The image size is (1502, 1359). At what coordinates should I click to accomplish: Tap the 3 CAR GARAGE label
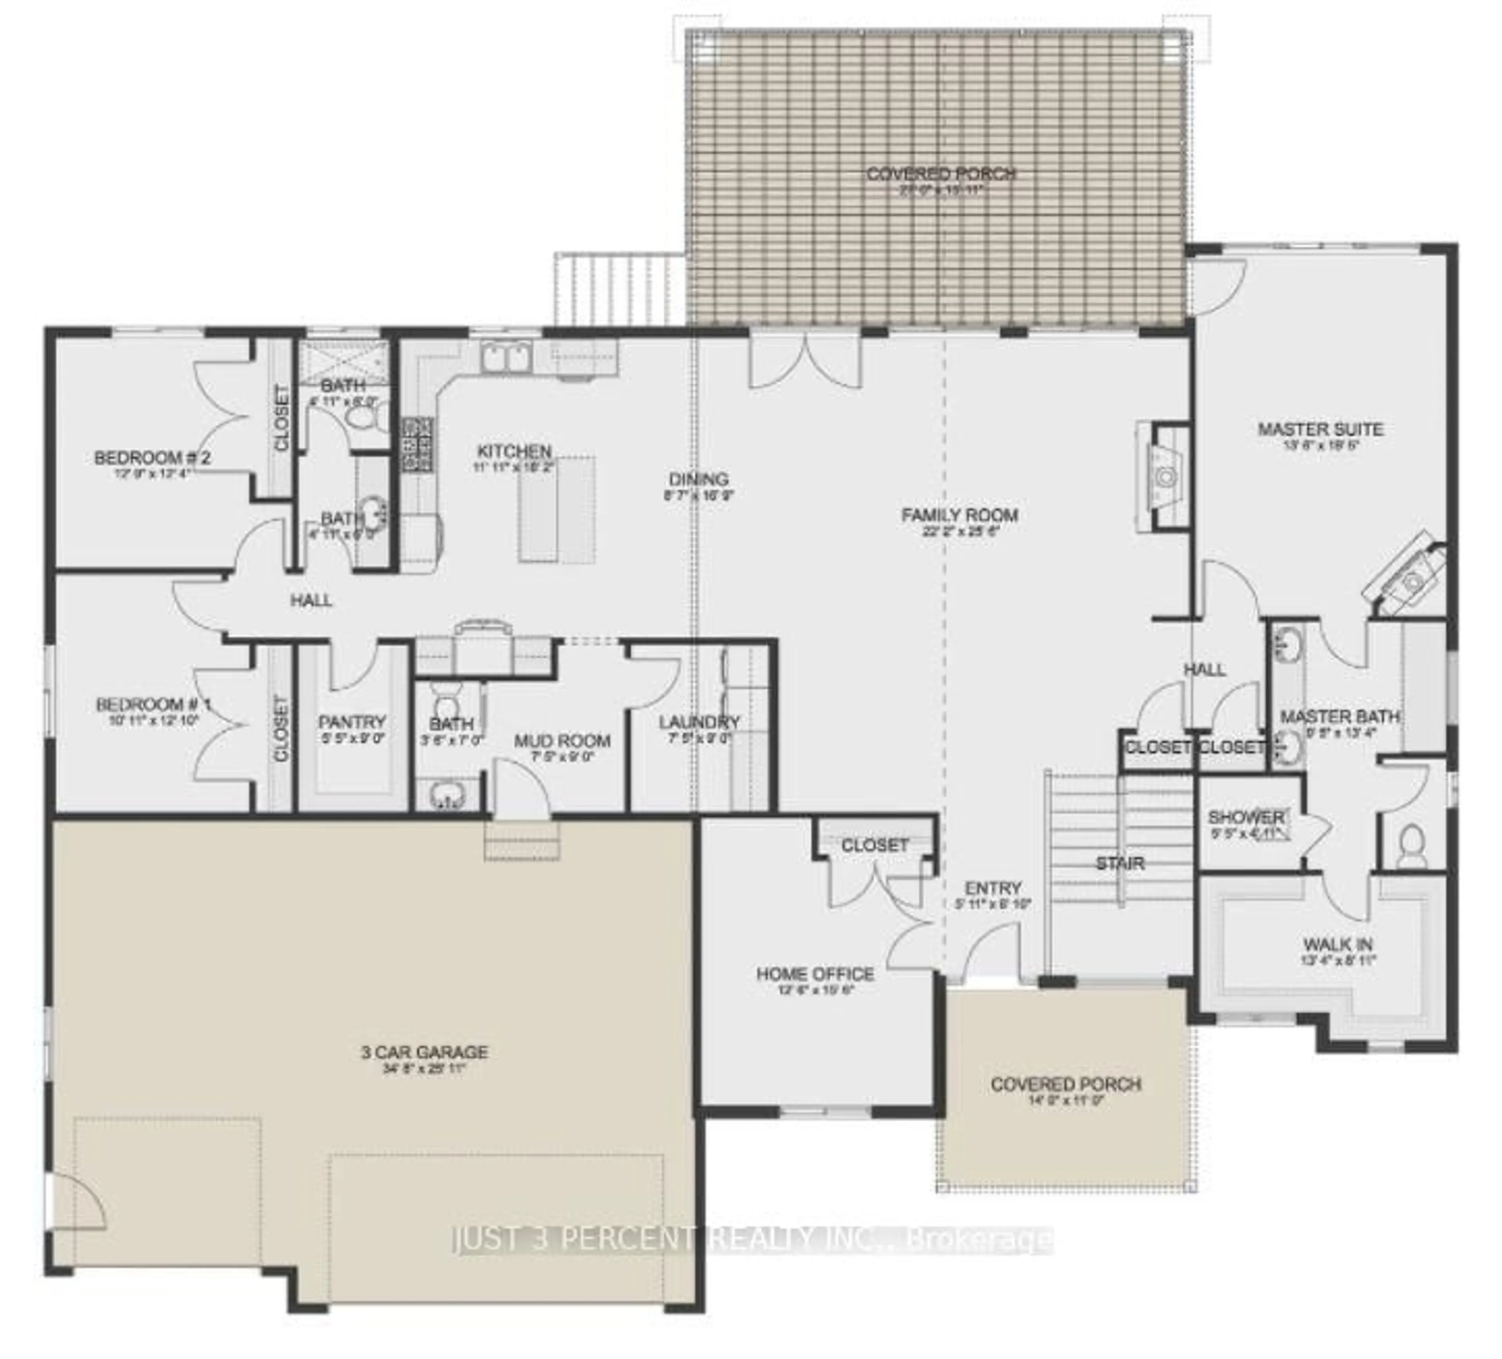[425, 1052]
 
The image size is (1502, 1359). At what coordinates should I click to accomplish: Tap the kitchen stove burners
[417, 445]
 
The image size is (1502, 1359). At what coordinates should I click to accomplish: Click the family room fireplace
[1162, 477]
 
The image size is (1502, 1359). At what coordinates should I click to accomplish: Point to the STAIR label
[1120, 863]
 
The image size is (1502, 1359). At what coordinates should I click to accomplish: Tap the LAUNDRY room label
[699, 722]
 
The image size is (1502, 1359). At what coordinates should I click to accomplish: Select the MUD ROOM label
[562, 741]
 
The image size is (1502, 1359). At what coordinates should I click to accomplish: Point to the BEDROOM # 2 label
[152, 457]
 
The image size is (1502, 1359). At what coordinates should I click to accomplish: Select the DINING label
[698, 479]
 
